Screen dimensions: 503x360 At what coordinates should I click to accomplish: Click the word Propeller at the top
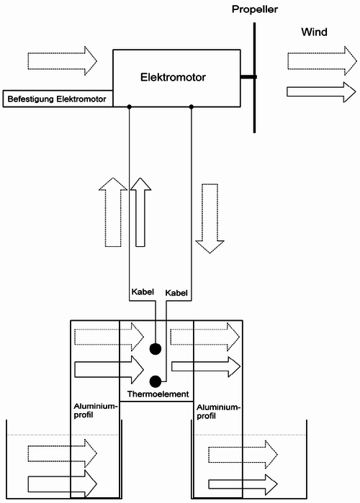253,9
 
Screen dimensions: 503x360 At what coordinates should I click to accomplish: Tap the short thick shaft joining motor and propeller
247,77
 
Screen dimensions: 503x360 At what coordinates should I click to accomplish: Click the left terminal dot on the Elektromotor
129,107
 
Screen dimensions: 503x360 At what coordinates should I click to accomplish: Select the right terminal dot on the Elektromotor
191,107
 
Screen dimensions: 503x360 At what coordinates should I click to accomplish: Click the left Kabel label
143,293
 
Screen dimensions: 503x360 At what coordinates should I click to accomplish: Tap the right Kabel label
176,293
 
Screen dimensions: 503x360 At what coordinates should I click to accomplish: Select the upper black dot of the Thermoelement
155,350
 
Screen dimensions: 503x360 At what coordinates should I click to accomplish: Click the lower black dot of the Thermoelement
155,381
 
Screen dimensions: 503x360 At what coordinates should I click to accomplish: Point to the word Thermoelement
156,394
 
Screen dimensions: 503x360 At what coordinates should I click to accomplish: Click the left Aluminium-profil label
94,411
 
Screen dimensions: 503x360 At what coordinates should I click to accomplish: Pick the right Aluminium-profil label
217,411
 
